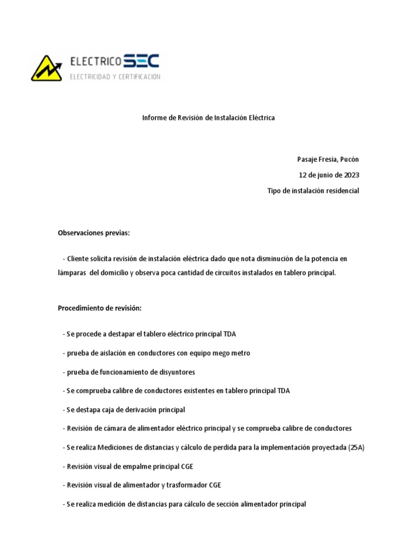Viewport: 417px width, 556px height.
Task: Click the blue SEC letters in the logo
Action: pos(141,61)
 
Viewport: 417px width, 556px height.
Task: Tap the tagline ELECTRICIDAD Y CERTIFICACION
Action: pos(115,77)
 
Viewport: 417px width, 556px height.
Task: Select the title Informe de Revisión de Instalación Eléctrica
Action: pos(208,118)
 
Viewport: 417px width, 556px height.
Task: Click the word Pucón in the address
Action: pos(349,159)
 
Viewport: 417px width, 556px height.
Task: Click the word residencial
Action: pos(340,191)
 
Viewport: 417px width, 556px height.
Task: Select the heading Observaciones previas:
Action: pos(94,233)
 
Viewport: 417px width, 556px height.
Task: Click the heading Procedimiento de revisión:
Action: pos(99,308)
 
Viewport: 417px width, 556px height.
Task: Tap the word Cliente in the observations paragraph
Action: pos(79,258)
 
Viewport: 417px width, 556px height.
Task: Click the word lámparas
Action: pos(71,273)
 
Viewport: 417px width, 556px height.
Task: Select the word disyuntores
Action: pos(177,372)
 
